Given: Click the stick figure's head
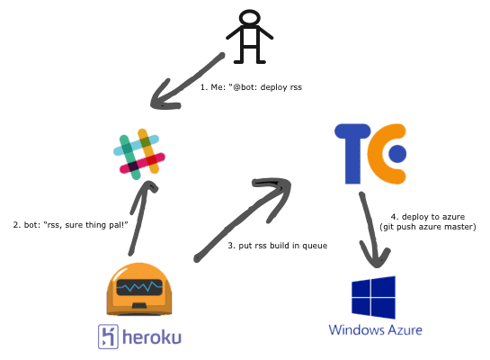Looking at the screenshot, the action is tap(249, 17).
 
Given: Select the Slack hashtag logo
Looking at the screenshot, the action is tap(139, 154).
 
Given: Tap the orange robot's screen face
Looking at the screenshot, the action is tap(139, 287).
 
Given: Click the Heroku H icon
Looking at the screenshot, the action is tap(108, 337).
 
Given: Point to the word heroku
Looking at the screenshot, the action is tap(152, 337).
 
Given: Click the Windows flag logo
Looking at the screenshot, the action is tap(373, 297).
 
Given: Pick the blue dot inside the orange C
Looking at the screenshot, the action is tap(397, 154).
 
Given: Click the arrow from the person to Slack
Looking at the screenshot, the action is tap(188, 82).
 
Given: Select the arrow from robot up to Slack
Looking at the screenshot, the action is tap(141, 218).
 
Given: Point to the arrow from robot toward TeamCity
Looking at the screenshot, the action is tap(242, 220).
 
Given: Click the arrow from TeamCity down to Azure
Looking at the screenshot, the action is tap(371, 229).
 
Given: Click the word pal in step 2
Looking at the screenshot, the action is tap(117, 225).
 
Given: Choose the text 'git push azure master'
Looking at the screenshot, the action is tap(428, 227).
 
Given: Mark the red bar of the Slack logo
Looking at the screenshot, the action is tap(142, 163).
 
